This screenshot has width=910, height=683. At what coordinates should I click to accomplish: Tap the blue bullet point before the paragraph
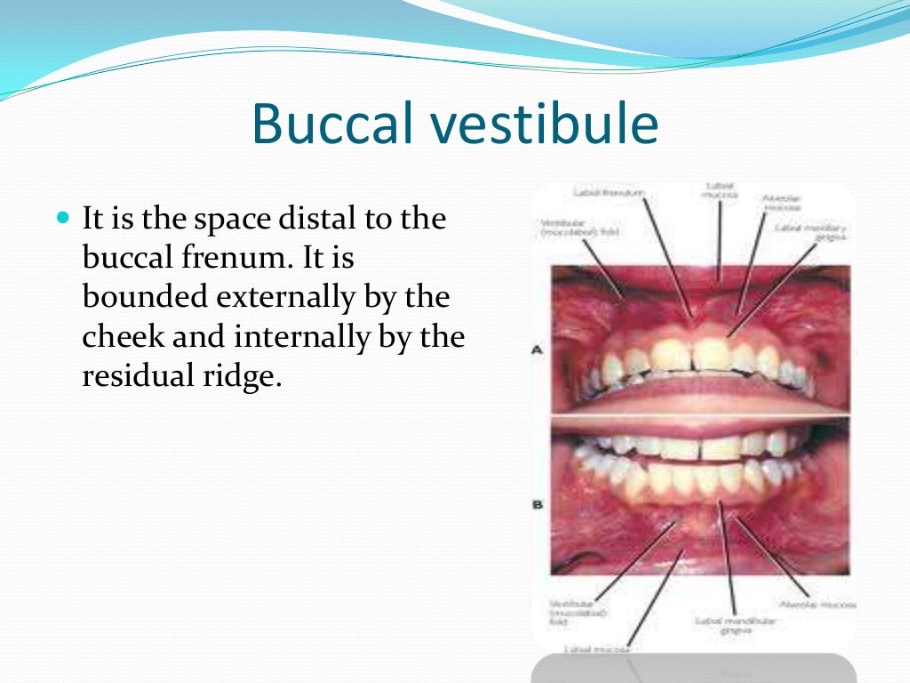(62, 217)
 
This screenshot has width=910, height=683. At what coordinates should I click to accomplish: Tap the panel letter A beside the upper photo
(537, 350)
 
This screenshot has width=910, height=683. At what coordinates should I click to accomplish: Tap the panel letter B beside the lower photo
(537, 505)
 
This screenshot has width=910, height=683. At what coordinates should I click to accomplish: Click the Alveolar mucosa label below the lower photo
(815, 605)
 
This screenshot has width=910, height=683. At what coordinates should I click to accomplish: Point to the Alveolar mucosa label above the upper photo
(779, 203)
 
